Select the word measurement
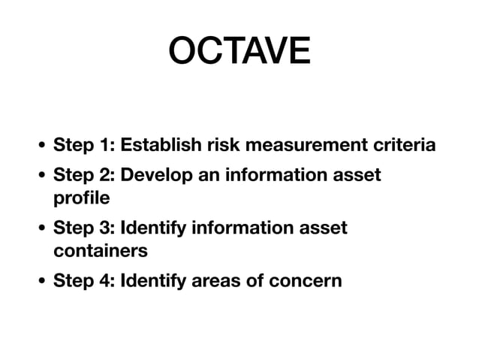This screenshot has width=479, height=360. (306, 144)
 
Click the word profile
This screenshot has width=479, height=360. (80, 198)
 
